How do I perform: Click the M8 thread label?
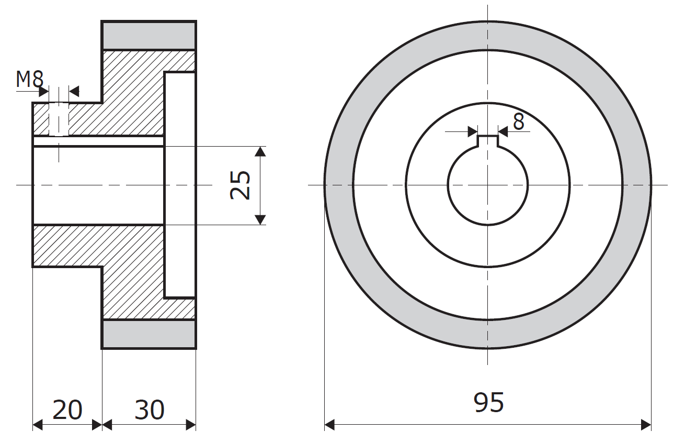(30, 79)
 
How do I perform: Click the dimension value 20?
(67, 410)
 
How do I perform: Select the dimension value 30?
(150, 410)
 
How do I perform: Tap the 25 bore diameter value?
(240, 185)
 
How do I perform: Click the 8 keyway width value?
(519, 121)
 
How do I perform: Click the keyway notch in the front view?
(488, 141)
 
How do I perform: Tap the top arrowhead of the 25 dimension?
(260, 151)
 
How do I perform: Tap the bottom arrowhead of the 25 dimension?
(260, 220)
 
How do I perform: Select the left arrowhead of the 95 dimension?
(329, 425)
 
